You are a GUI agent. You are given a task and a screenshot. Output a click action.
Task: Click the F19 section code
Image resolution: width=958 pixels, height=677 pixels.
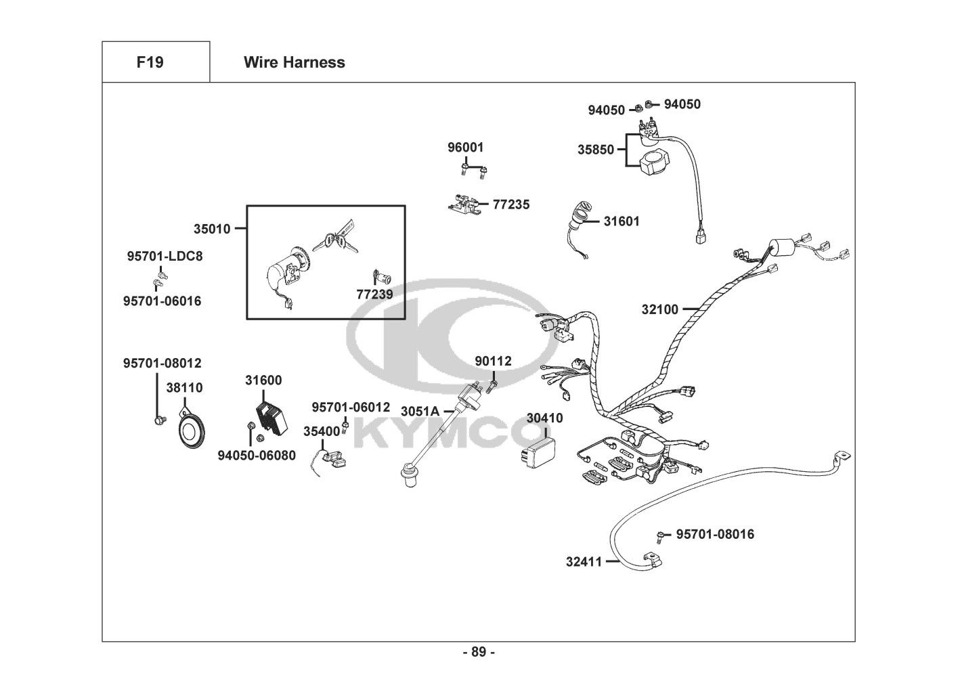tap(150, 62)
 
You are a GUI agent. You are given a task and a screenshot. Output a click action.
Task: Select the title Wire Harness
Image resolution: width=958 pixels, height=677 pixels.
tap(295, 62)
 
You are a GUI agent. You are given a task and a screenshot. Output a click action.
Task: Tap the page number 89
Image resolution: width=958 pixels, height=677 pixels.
tap(479, 652)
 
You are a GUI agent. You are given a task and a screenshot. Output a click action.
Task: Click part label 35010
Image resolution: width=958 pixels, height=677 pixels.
tap(212, 229)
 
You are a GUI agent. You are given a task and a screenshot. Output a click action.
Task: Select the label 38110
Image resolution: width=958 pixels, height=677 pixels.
tap(184, 387)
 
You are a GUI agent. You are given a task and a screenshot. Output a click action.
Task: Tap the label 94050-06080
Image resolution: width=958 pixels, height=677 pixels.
tap(257, 456)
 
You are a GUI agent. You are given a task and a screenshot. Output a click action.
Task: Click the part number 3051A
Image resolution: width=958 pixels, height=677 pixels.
tap(420, 412)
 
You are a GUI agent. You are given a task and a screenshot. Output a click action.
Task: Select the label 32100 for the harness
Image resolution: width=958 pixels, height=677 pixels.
tap(660, 309)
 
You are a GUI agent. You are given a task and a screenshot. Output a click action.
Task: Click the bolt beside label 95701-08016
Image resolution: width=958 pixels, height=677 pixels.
tap(660, 536)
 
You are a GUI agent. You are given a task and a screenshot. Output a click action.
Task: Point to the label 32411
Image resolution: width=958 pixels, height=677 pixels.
tap(584, 561)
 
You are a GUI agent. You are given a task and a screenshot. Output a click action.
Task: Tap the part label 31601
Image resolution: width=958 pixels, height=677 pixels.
tap(622, 221)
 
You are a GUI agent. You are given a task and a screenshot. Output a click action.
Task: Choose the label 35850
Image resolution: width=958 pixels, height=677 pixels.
tap(596, 150)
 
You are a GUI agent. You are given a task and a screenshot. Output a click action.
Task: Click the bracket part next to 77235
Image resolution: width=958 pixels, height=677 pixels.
tap(463, 204)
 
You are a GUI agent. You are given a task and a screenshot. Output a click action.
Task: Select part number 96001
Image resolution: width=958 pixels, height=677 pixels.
tap(466, 147)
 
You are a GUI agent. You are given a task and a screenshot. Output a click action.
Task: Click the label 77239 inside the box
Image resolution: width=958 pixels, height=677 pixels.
tap(374, 294)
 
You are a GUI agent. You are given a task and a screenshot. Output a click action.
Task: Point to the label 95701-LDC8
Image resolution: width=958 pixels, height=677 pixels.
tap(165, 256)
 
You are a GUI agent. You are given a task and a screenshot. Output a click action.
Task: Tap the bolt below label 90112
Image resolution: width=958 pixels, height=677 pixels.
tap(492, 386)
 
